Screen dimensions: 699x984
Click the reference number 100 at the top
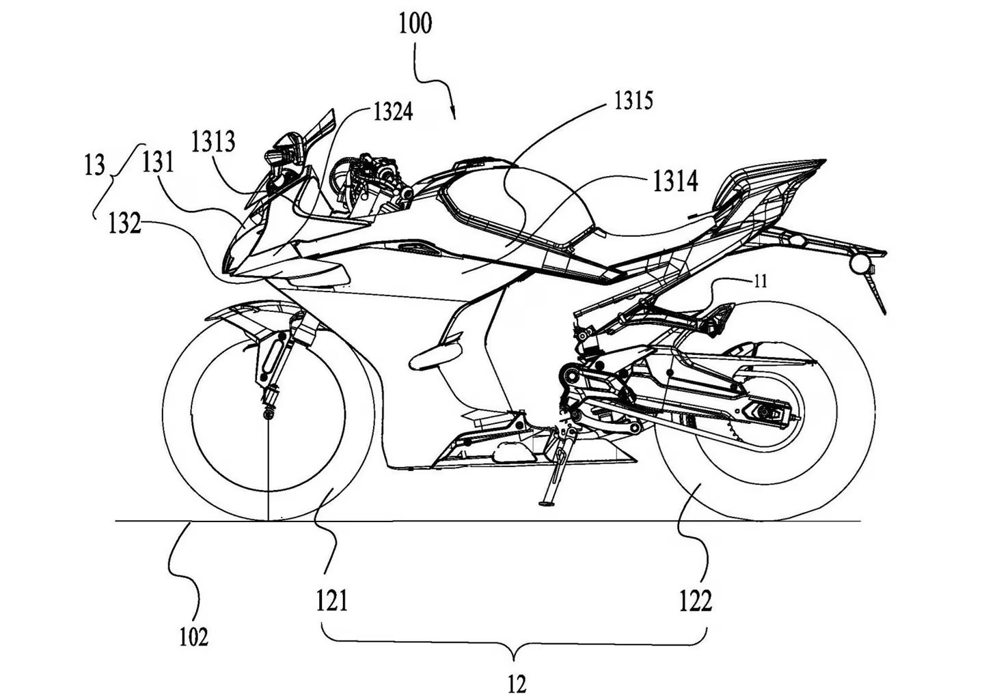pyautogui.click(x=415, y=23)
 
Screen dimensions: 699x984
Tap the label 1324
pyautogui.click(x=393, y=111)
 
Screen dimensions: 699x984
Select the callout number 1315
pyautogui.click(x=633, y=101)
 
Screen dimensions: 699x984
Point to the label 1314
pyautogui.click(x=675, y=182)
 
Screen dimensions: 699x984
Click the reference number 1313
pyautogui.click(x=213, y=141)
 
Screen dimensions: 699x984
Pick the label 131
pyautogui.click(x=158, y=162)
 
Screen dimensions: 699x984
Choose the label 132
pyautogui.click(x=124, y=223)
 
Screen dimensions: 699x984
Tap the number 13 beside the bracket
pyautogui.click(x=95, y=165)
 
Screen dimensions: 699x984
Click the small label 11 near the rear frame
pyautogui.click(x=760, y=280)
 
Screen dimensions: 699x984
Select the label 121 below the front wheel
pyautogui.click(x=332, y=601)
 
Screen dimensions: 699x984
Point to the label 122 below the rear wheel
pyautogui.click(x=696, y=601)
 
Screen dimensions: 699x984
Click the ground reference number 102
pyautogui.click(x=193, y=637)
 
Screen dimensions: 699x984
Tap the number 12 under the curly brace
pyautogui.click(x=517, y=683)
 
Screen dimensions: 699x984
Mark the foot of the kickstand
pyautogui.click(x=545, y=504)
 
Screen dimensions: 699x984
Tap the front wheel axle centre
pyautogui.click(x=269, y=413)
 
